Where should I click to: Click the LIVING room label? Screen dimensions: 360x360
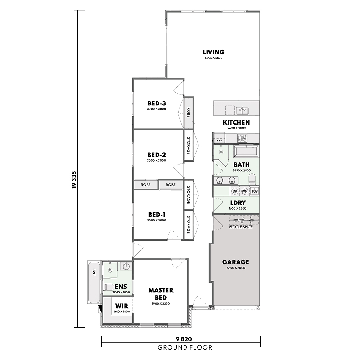(213, 52)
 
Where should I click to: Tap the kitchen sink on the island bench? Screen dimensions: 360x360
(242, 111)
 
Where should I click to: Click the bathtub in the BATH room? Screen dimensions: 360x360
(246, 151)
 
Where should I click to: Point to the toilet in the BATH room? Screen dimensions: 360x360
(252, 179)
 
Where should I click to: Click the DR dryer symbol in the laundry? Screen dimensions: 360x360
(235, 191)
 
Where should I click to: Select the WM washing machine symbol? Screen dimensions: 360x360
(244, 191)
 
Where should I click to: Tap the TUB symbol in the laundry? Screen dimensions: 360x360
(255, 191)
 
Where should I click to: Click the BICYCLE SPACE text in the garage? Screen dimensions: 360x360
(241, 227)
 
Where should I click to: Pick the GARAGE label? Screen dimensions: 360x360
(235, 262)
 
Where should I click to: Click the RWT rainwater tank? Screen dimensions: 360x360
(94, 282)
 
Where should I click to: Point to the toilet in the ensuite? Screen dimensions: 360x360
(109, 287)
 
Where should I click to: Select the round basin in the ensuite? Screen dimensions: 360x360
(126, 266)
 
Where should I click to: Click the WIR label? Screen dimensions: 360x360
(122, 306)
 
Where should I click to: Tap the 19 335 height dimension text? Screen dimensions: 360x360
(74, 180)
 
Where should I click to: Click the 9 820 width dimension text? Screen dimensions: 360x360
(184, 339)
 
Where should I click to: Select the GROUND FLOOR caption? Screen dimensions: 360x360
(185, 348)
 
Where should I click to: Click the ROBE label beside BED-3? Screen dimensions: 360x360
(188, 112)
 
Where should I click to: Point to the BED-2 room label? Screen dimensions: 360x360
(157, 155)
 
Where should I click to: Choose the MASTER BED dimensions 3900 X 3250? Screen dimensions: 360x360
(161, 303)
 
